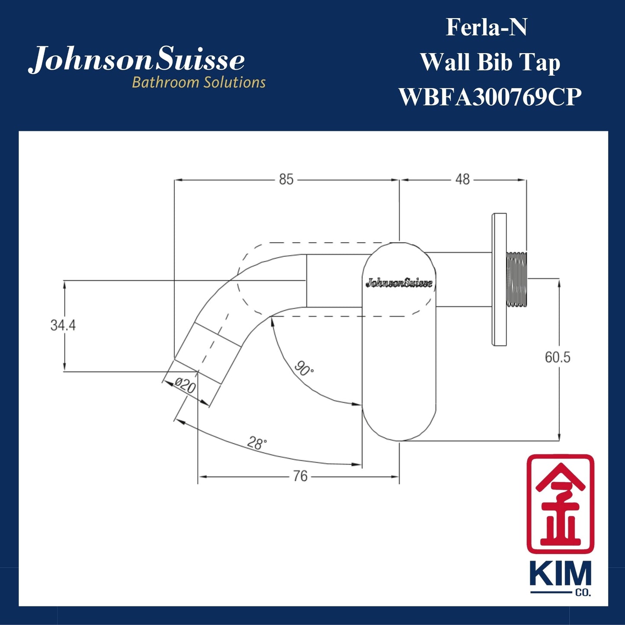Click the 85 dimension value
coord(286,179)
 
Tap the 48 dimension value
coord(462,179)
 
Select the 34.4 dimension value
coord(63,325)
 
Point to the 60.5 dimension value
coord(557,357)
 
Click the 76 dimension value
coord(300,476)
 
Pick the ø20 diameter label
coord(186,385)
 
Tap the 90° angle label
coord(304,369)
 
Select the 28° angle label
coord(257,443)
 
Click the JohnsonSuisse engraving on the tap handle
coord(399,283)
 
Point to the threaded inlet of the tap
coord(516,279)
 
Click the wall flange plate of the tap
coord(499,279)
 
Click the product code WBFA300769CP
coord(490,97)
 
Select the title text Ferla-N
coord(486,28)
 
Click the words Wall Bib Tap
coord(490,62)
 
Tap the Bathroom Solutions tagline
coord(199,82)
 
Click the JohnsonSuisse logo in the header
coord(137,60)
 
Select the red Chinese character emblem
coord(560,503)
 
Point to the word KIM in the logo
coord(560,575)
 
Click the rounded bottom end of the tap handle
coord(399,426)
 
